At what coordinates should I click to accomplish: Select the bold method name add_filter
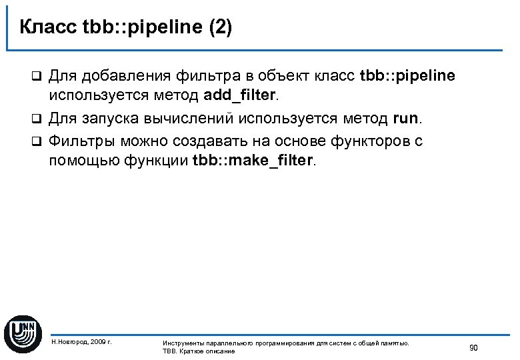239,95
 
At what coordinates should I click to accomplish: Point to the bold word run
406,119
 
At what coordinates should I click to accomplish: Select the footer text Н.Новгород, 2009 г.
81,341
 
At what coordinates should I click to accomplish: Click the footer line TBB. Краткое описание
199,351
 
